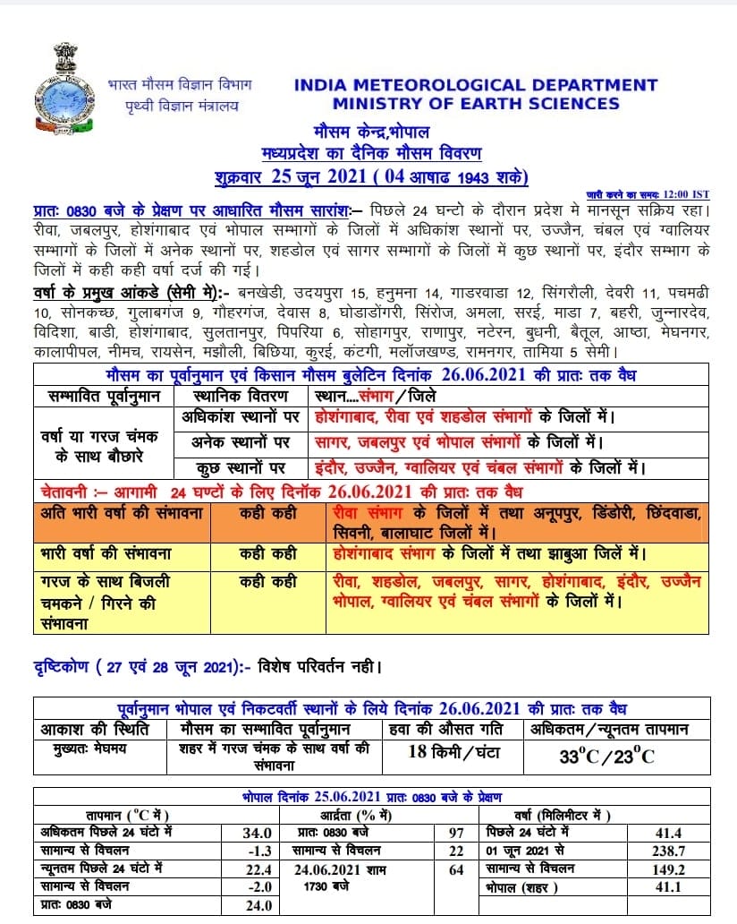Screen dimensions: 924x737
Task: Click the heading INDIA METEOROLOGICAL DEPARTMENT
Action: click(x=475, y=85)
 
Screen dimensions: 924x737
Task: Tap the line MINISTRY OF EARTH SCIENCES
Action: click(x=475, y=103)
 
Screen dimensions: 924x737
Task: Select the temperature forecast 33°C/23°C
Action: click(x=607, y=756)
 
